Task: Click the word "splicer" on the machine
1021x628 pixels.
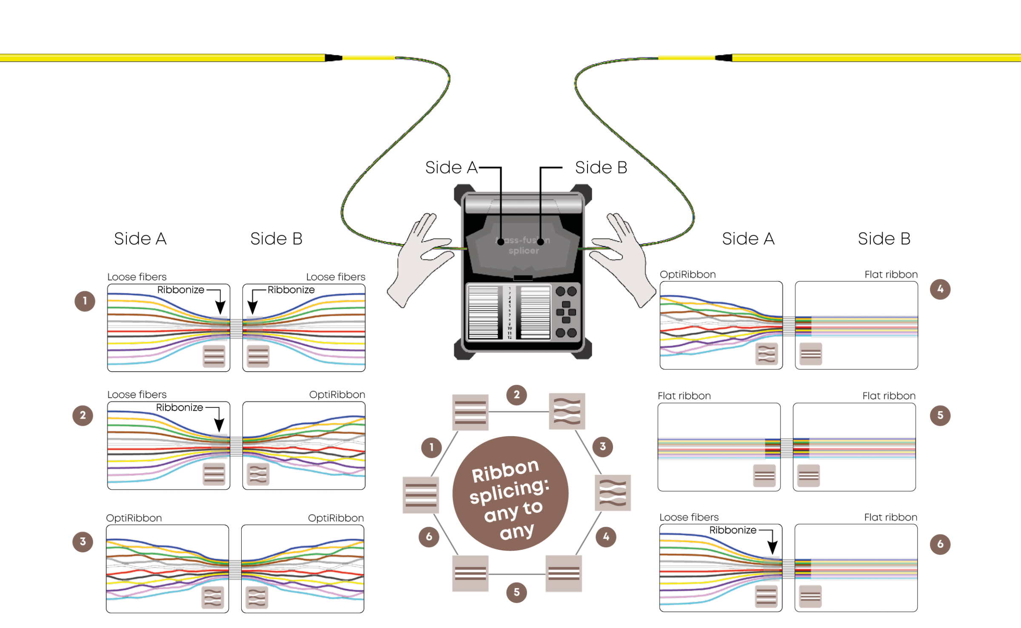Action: [524, 251]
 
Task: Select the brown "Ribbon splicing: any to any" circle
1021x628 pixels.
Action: [510, 494]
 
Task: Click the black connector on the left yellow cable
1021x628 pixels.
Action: [333, 57]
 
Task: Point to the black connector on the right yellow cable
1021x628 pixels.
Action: [724, 57]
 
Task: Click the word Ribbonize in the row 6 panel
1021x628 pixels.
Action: [733, 530]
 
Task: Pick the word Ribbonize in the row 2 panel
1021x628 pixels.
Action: [180, 407]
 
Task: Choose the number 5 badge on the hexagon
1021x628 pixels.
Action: [516, 592]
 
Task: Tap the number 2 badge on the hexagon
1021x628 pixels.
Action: [516, 395]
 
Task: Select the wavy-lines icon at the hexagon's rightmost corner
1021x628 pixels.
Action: [613, 493]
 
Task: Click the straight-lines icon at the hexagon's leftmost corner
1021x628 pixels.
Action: [421, 495]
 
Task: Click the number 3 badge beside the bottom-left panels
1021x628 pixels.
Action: [83, 542]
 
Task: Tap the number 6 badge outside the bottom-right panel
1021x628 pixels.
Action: [940, 544]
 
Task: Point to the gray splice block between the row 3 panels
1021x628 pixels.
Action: [235, 570]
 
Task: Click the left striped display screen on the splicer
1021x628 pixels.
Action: [483, 313]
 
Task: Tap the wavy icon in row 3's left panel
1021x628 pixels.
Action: [212, 597]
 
